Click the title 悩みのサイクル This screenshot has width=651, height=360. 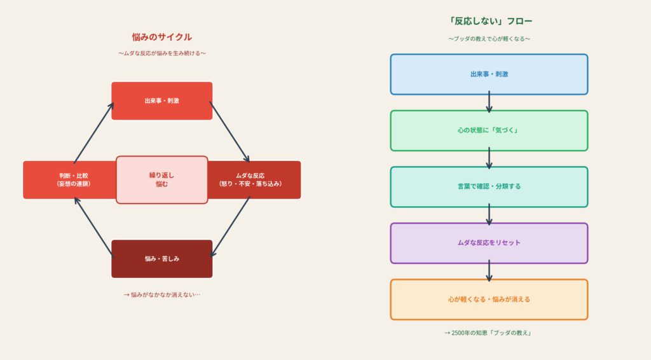[x=161, y=37]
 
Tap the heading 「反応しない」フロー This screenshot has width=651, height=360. [x=488, y=21]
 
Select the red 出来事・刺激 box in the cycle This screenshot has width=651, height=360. [x=161, y=100]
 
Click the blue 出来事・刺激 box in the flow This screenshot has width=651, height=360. [x=488, y=74]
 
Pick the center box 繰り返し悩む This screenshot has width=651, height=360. [x=161, y=179]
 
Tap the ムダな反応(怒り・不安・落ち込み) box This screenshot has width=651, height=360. [x=254, y=179]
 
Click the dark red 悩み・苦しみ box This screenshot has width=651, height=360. [x=161, y=259]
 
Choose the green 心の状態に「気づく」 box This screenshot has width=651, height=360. [x=488, y=130]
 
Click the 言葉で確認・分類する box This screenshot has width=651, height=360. [x=488, y=186]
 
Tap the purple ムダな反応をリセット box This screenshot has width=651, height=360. [x=488, y=243]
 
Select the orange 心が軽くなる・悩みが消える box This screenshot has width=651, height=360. [x=488, y=299]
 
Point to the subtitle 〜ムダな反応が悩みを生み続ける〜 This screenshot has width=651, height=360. [x=161, y=53]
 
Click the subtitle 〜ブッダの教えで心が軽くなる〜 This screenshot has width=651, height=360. [x=488, y=39]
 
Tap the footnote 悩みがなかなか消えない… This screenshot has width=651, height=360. [x=161, y=294]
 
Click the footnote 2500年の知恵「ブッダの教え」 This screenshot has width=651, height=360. [x=488, y=333]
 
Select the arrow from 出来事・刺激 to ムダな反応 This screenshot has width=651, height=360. [x=230, y=132]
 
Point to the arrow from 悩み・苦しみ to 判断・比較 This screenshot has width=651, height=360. [x=93, y=227]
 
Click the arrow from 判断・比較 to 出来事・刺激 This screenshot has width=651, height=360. [x=93, y=132]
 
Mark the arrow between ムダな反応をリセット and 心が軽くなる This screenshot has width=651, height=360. [x=489, y=271]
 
